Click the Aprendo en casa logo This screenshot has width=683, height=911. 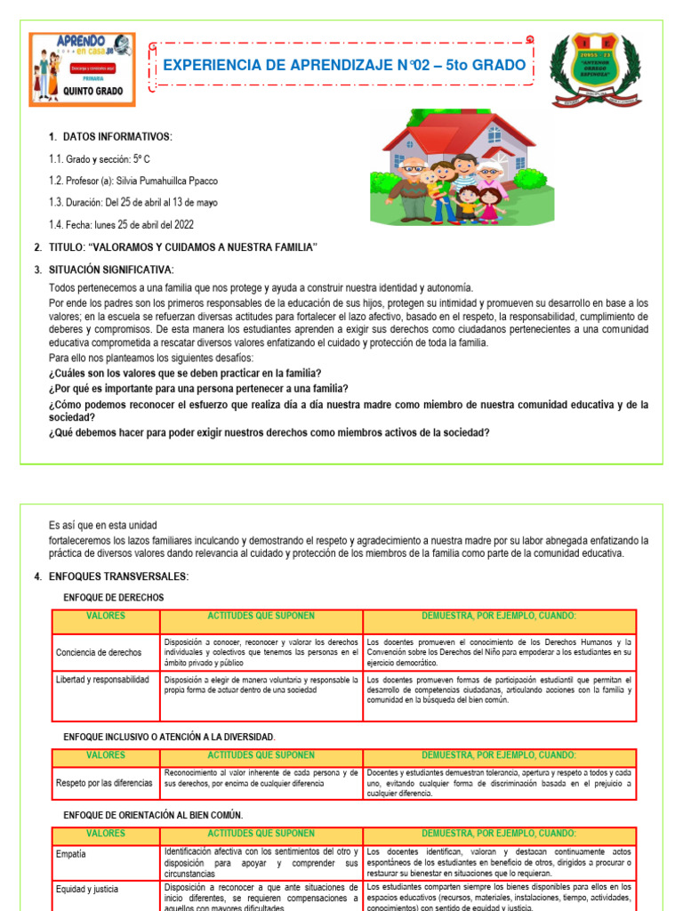click(x=82, y=70)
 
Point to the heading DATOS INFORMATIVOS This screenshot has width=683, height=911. click(x=117, y=136)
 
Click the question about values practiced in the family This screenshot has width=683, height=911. click(x=185, y=373)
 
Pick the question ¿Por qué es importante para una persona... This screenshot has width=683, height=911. click(x=198, y=389)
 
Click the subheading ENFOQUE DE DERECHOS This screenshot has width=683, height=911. click(x=114, y=598)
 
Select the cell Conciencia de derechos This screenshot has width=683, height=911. click(x=100, y=652)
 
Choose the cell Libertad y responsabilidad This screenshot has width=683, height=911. click(x=102, y=679)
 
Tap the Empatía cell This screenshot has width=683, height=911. click(x=71, y=853)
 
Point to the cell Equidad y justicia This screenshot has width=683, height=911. click(x=86, y=888)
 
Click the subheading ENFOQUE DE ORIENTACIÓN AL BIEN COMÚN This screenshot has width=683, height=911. click(x=153, y=815)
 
